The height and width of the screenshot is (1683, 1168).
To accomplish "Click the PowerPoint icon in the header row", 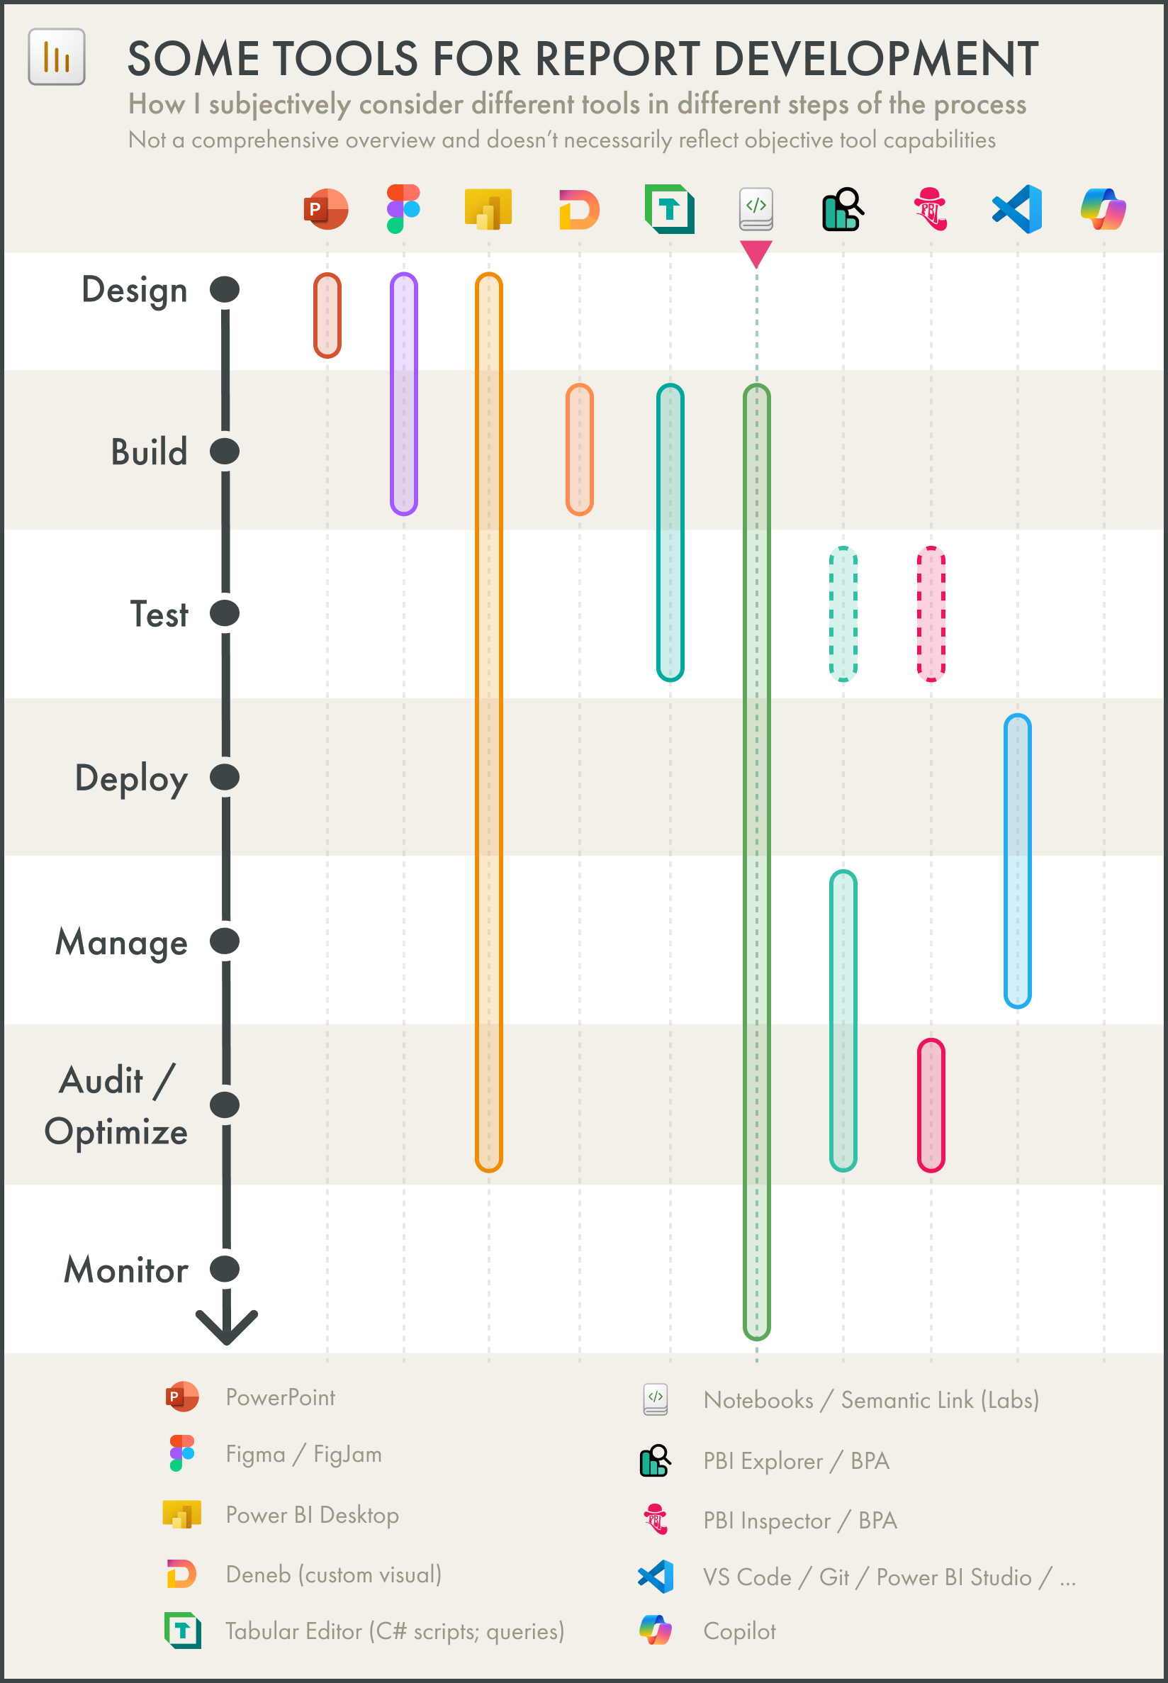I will pos(327,209).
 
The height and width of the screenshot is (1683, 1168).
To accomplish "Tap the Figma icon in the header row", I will pos(403,208).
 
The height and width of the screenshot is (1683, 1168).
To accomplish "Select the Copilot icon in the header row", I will pos(1103,209).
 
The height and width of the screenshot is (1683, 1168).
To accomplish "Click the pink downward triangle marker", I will pos(756,252).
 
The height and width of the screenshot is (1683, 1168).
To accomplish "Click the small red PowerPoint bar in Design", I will pos(327,315).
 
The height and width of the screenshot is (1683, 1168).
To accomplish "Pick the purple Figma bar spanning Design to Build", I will pos(403,394).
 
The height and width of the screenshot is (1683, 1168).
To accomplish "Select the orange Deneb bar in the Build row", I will pos(579,449).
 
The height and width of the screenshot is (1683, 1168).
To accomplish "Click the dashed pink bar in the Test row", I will pos(931,613).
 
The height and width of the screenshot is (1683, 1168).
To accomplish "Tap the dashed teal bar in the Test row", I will pos(843,613).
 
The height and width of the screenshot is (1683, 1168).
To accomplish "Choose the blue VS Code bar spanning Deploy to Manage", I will pos(1017,861).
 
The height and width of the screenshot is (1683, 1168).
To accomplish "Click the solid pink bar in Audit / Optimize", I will pos(931,1105).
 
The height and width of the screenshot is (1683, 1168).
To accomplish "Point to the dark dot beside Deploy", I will pos(225,777).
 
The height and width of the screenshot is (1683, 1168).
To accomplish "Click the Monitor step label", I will pos(126,1270).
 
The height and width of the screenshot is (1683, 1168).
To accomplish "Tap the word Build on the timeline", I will pos(150,452).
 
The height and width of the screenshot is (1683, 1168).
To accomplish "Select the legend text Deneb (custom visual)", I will pos(333,1574).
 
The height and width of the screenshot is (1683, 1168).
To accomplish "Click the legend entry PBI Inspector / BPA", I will pos(799,1521).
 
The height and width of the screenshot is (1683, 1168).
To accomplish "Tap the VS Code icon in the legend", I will pos(656,1576).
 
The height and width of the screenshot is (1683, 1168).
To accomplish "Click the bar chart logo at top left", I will pos(57,57).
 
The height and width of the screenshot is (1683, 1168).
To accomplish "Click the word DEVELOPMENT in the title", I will pos(875,59).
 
